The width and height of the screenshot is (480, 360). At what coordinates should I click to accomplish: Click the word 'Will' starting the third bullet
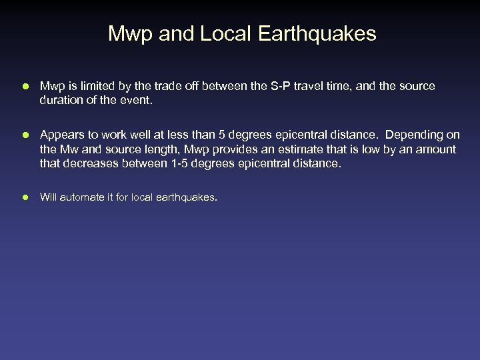tap(48, 197)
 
